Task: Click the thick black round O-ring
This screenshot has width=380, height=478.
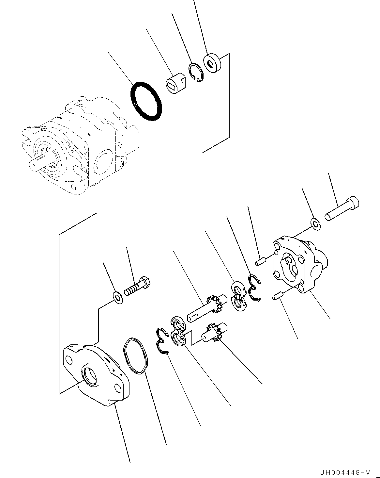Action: [145, 101]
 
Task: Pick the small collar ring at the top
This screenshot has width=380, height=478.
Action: [212, 62]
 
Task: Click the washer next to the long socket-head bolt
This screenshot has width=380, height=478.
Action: [315, 224]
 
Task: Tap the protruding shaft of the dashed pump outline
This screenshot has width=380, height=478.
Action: [38, 163]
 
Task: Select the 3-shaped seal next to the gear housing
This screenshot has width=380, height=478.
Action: [253, 288]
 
